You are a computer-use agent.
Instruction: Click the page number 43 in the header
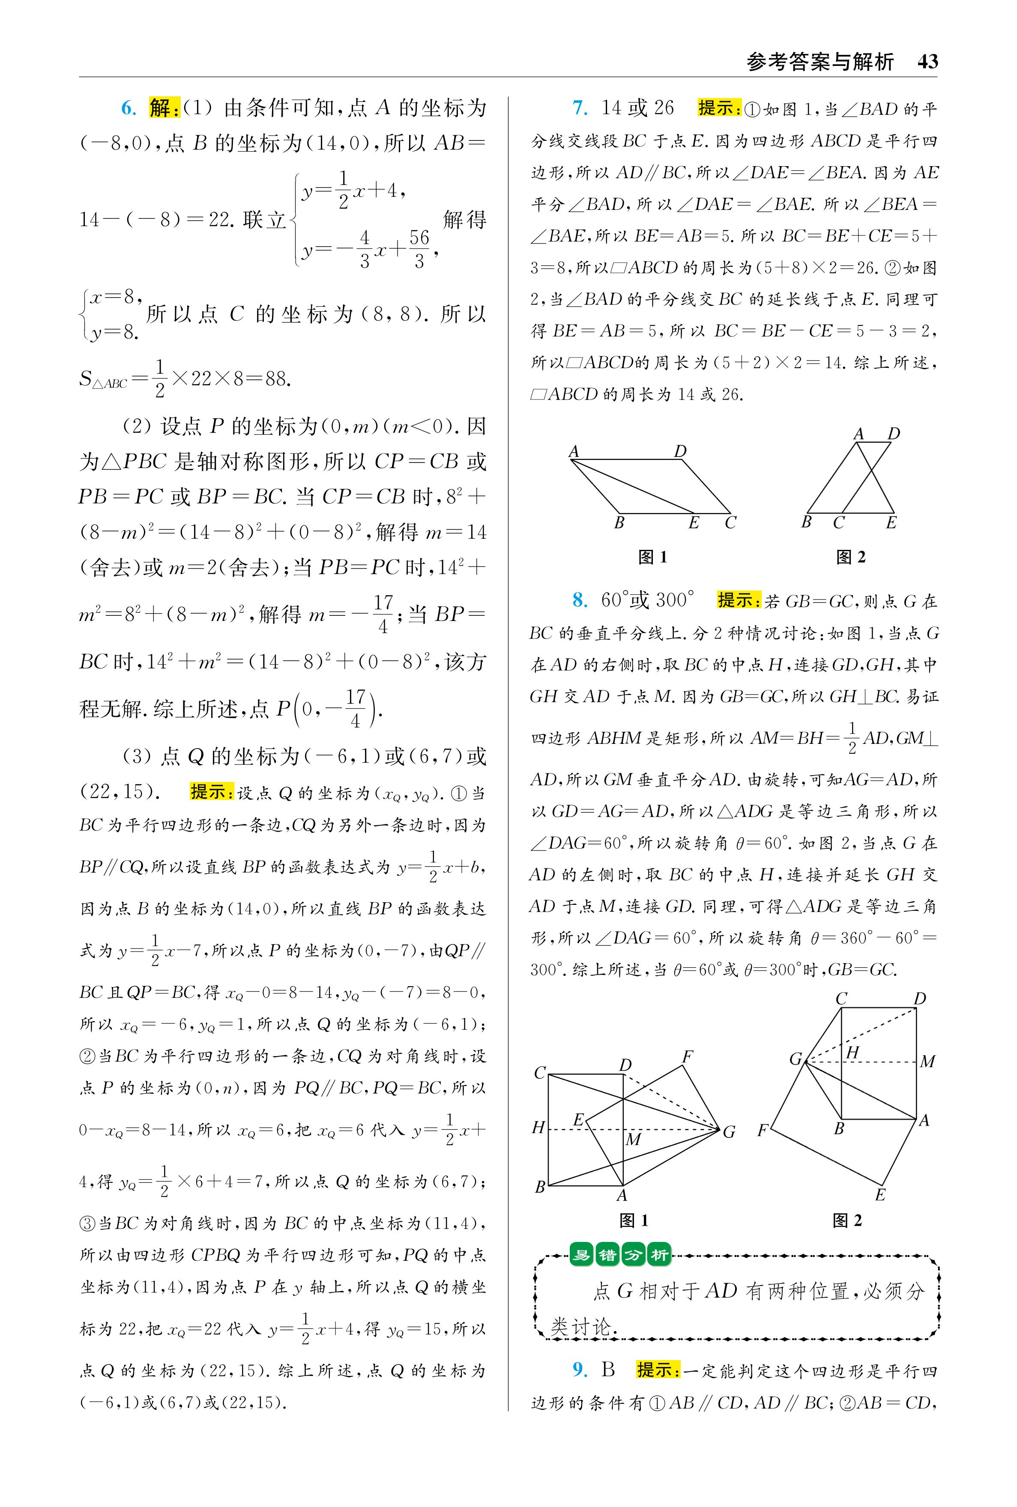927,62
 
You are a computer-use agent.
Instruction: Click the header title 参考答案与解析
820,62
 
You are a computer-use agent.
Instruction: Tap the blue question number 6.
129,108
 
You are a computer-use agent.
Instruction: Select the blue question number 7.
580,108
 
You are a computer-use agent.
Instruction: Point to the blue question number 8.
580,600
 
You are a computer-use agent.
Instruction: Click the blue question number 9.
580,1369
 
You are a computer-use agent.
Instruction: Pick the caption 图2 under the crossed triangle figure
850,557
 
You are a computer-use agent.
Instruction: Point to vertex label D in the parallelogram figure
680,451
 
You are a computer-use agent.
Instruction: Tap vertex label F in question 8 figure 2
763,1131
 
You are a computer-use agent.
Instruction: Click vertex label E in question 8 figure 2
880,1194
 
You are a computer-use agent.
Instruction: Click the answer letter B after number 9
608,1369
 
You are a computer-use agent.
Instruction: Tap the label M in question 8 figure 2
927,1062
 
